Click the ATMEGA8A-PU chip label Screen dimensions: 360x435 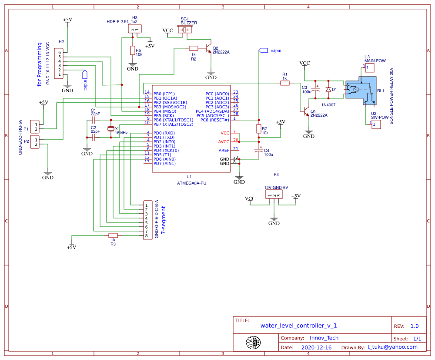point(191,183)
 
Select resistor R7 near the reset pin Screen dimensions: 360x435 point(259,129)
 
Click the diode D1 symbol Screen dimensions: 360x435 point(328,89)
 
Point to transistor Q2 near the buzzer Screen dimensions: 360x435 point(209,48)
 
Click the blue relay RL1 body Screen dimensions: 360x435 point(361,91)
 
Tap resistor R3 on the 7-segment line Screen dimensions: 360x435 point(113,235)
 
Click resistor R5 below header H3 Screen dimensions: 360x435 point(133,50)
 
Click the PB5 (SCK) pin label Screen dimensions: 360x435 point(164,115)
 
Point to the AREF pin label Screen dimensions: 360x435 point(224,150)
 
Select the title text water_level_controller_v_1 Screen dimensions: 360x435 point(298,326)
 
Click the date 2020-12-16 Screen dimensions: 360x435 point(316,347)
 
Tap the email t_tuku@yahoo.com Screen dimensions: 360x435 point(392,347)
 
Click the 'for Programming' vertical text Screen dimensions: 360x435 point(40,64)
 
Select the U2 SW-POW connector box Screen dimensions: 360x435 point(375,124)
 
